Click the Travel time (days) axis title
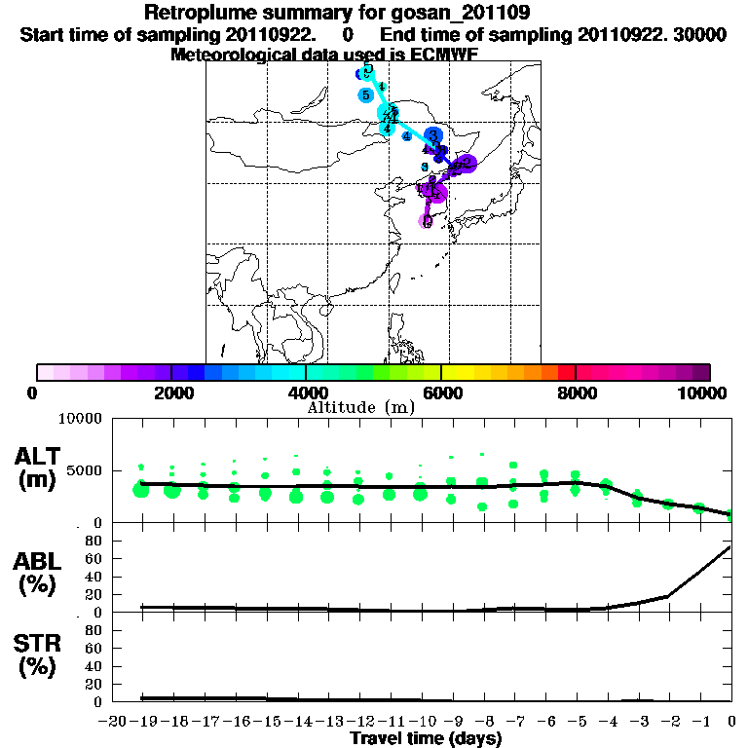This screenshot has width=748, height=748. pyautogui.click(x=426, y=738)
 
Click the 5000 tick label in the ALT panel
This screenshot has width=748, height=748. pyautogui.click(x=82, y=471)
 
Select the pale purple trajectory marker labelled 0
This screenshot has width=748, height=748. pyautogui.click(x=427, y=221)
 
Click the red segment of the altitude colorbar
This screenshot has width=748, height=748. pyautogui.click(x=566, y=372)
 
